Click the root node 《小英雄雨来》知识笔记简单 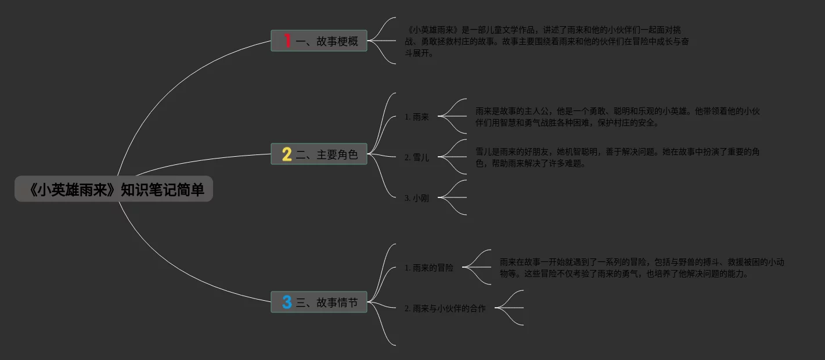pyautogui.click(x=114, y=189)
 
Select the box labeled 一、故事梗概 pyautogui.click(x=319, y=41)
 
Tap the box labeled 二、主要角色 pyautogui.click(x=319, y=154)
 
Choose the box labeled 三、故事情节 pyautogui.click(x=319, y=302)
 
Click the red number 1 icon pyautogui.click(x=287, y=41)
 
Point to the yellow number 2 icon pyautogui.click(x=287, y=154)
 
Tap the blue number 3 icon pyautogui.click(x=287, y=302)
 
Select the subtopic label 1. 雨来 pyautogui.click(x=417, y=117)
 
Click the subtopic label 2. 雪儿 pyautogui.click(x=417, y=157)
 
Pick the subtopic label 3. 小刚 pyautogui.click(x=417, y=198)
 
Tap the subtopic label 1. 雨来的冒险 pyautogui.click(x=429, y=268)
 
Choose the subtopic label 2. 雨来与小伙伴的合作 pyautogui.click(x=445, y=308)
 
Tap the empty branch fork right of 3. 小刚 pyautogui.click(x=453, y=197)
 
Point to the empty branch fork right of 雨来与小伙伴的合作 pyautogui.click(x=510, y=308)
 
